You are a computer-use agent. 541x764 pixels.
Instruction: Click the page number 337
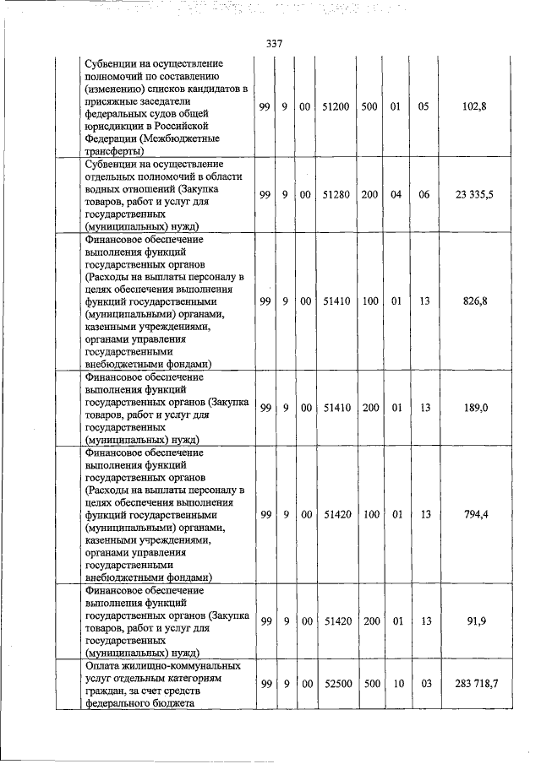(273, 44)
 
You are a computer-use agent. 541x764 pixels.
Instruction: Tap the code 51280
(336, 194)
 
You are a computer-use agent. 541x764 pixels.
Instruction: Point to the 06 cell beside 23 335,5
(424, 194)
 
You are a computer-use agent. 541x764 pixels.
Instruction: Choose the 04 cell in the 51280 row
(395, 194)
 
